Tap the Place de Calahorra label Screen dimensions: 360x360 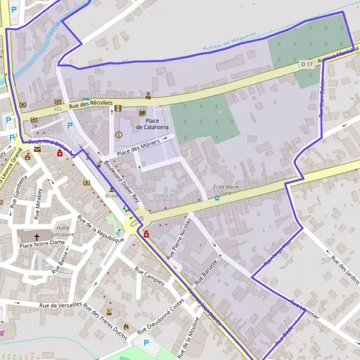pyautogui.click(x=152, y=124)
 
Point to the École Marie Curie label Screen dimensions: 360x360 pyautogui.click(x=226, y=190)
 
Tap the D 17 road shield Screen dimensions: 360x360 pyautogui.click(x=307, y=64)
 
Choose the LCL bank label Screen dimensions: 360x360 pyautogui.click(x=58, y=109)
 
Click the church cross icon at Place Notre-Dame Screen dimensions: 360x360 pyautogui.click(x=37, y=236)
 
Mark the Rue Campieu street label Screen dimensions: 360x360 pyautogui.click(x=150, y=276)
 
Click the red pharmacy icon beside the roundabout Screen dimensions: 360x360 pyautogui.click(x=146, y=233)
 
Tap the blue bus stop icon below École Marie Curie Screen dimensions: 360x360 pyautogui.click(x=217, y=198)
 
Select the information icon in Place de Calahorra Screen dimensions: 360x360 pyautogui.click(x=118, y=134)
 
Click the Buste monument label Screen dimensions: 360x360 pyautogui.click(x=112, y=196)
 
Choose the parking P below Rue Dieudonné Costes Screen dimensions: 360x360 pyautogui.click(x=146, y=343)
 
